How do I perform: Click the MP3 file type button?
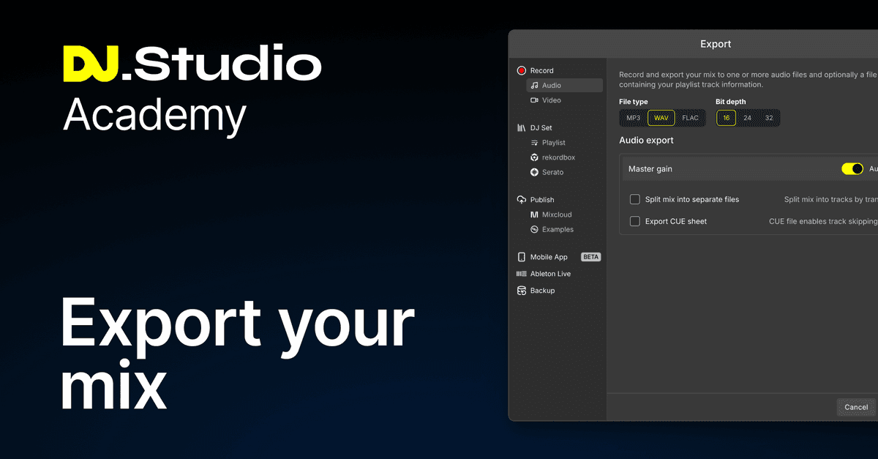(x=633, y=118)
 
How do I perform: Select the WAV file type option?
(x=661, y=118)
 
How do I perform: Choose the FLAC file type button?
(x=690, y=118)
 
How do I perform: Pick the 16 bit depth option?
(x=726, y=118)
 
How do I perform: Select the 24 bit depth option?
(x=747, y=118)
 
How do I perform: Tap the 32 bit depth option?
(x=768, y=118)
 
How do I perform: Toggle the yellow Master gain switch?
(x=852, y=169)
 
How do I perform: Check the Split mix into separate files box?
(x=635, y=199)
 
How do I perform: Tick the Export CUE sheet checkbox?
(x=635, y=221)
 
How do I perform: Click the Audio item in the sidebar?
(x=552, y=86)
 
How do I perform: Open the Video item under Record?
(x=552, y=100)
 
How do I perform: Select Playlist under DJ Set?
(x=553, y=143)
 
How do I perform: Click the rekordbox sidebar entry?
(x=558, y=157)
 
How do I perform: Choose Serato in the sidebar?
(x=552, y=172)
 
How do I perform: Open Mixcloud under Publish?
(x=557, y=214)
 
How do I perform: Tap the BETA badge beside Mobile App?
(x=590, y=257)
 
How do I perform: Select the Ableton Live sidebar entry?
(x=550, y=274)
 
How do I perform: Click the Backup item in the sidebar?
(x=542, y=291)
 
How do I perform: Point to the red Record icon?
(x=522, y=71)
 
